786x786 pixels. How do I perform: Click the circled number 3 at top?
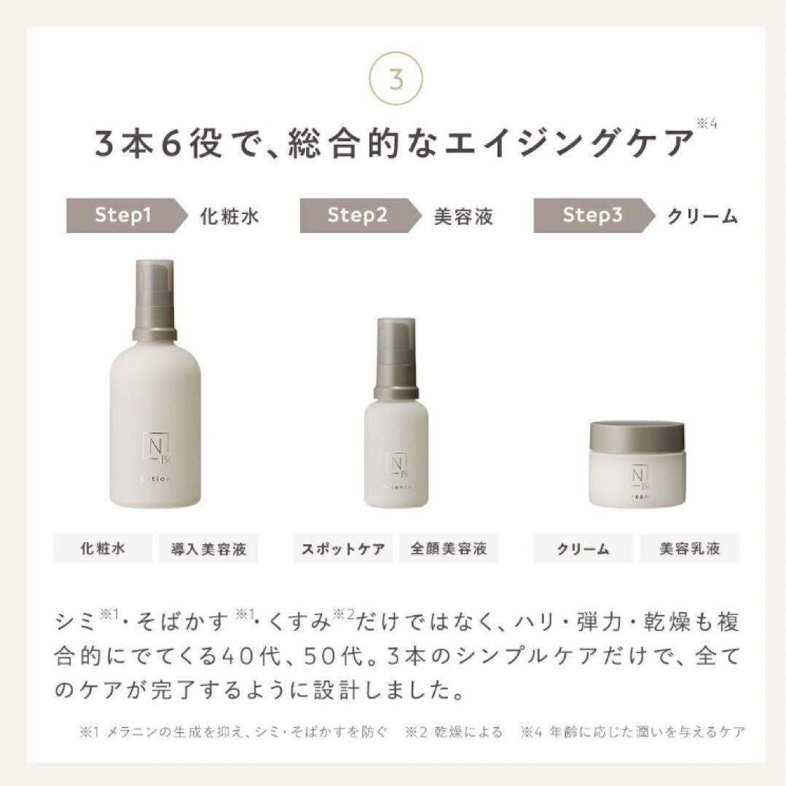tap(396, 79)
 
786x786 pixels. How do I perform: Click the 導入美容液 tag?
tap(209, 549)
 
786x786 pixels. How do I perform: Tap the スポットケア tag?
tap(344, 549)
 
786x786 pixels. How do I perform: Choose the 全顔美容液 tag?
tap(449, 549)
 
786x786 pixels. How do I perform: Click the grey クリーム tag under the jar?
tap(583, 549)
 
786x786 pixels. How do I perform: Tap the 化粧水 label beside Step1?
tap(229, 216)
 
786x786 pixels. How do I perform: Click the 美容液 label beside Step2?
tap(463, 216)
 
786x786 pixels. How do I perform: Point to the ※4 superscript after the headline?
tap(706, 124)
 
